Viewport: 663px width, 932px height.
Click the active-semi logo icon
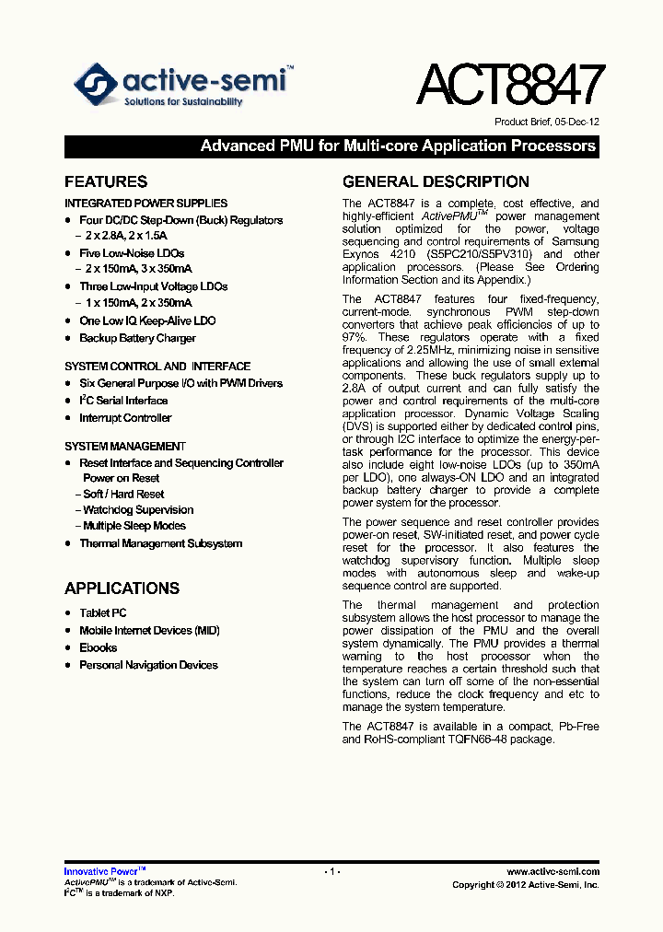click(95, 85)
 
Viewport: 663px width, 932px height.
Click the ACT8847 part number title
click(510, 86)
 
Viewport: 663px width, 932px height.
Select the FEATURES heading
click(106, 181)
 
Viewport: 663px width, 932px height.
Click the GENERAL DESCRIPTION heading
click(436, 181)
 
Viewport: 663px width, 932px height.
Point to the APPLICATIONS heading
click(122, 588)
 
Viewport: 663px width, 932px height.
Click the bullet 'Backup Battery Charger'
click(137, 338)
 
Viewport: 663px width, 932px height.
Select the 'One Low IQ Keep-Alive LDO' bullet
click(147, 320)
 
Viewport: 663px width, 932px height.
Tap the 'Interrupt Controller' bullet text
click(125, 418)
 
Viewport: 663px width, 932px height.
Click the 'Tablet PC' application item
click(103, 612)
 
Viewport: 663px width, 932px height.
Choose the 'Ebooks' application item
click(99, 647)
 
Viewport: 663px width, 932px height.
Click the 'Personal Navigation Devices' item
click(148, 665)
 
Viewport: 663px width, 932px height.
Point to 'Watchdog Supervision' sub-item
click(138, 510)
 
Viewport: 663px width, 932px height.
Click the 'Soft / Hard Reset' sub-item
click(123, 495)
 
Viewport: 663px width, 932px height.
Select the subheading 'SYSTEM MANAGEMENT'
click(125, 447)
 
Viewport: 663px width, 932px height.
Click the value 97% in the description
click(355, 337)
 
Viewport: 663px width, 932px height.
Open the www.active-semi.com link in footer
click(552, 871)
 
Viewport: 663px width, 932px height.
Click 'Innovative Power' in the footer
click(100, 871)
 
